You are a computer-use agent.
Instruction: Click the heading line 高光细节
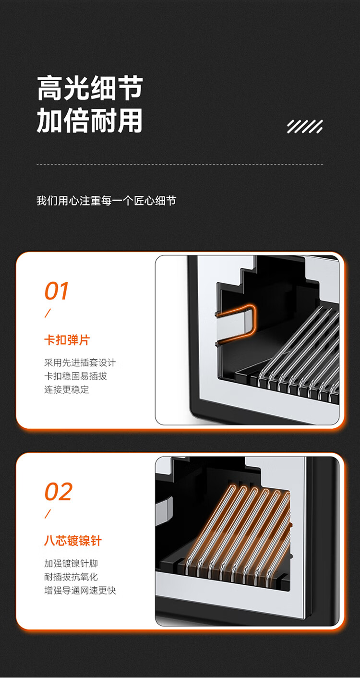90,88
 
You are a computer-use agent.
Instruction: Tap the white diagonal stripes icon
305,126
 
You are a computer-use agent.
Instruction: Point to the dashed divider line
180,164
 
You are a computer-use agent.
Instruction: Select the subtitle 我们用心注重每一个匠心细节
106,201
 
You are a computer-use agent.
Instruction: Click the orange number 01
57,291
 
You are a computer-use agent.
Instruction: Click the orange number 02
59,492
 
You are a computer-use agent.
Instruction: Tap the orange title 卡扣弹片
67,340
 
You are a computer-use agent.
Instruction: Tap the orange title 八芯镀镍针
73,541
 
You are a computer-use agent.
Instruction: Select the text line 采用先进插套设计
80,363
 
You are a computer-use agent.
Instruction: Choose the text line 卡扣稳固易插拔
76,376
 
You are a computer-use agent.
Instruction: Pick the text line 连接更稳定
67,389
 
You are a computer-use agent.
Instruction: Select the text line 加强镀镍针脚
71,563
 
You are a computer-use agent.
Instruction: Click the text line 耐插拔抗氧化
71,577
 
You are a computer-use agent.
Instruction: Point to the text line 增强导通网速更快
80,590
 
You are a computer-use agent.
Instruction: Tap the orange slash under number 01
48,313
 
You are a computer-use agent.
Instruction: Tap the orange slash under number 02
48,514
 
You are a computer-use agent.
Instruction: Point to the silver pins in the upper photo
298,352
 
